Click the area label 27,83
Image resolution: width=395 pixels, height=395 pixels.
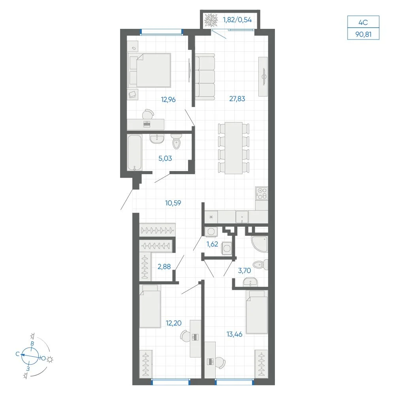coord(237,99)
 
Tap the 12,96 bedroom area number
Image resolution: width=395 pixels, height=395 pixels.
coord(168,100)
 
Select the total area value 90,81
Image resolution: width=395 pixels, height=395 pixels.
coord(363,34)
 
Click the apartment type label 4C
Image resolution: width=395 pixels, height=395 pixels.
coord(363,22)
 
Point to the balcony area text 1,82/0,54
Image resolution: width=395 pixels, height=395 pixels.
coord(237,20)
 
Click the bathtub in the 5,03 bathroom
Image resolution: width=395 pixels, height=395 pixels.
coord(135,152)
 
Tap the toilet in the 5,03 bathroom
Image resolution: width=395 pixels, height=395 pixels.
coord(177,141)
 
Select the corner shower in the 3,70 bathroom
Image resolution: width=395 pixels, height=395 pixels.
coord(260,244)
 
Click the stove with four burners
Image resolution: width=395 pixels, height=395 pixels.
coord(262,194)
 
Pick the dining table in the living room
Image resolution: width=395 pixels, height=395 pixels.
coord(233,148)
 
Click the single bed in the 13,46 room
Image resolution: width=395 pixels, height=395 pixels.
coord(257,312)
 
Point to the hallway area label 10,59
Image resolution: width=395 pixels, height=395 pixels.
coord(173,203)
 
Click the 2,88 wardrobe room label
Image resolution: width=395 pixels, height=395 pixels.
coord(164,267)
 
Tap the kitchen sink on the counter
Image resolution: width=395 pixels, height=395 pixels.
coord(242,217)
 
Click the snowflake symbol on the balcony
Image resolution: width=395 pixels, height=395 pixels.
coord(211,20)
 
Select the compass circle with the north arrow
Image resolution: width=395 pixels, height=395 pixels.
coord(30,356)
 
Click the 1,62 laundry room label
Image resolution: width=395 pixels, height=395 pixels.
coord(213,244)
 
